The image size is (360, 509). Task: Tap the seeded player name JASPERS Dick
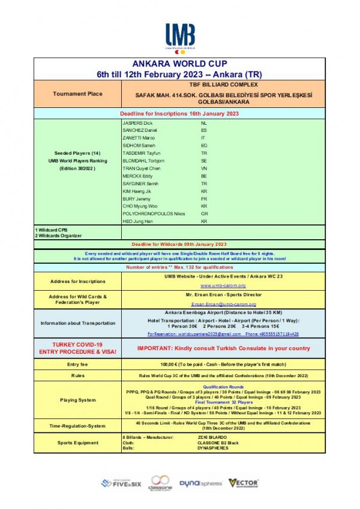tap(137, 123)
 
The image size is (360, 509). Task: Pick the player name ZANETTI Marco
tap(139, 138)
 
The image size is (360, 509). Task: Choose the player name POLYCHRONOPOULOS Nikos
tap(154, 213)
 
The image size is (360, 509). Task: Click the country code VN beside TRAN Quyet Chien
tap(204, 168)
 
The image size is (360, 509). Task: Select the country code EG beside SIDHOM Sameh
tap(204, 146)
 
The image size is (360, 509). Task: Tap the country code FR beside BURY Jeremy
tap(204, 198)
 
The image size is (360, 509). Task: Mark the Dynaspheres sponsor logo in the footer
tap(201, 482)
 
